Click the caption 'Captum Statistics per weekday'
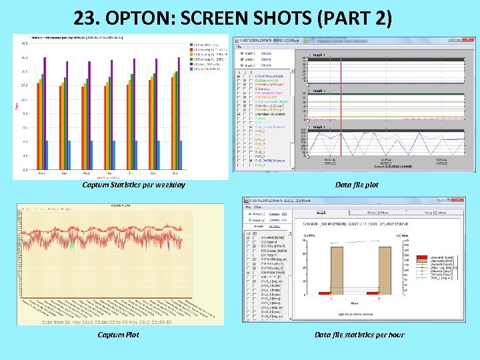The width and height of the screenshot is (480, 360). coord(133,185)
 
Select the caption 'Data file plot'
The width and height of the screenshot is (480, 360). coord(357,185)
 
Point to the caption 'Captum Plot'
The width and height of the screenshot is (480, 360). coord(119,335)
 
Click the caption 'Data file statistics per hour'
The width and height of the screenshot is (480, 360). coord(359,335)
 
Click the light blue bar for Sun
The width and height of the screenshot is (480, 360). coord(181,155)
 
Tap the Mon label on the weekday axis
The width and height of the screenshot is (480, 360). coord(41,173)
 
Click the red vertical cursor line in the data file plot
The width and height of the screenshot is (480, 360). coord(341,107)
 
